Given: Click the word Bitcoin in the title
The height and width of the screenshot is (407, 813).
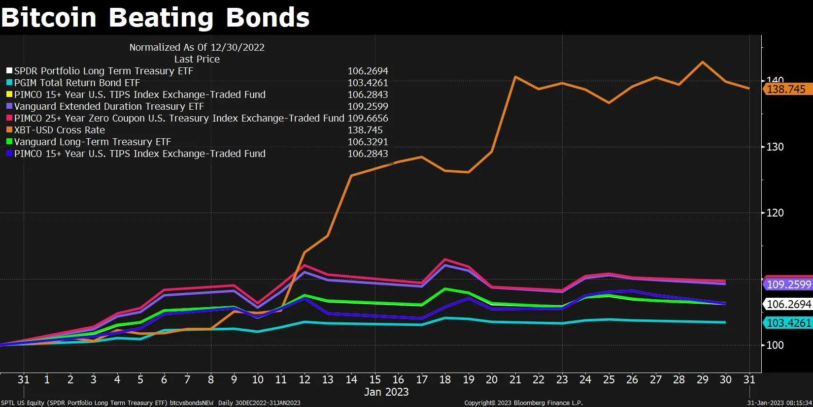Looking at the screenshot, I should click(49, 18).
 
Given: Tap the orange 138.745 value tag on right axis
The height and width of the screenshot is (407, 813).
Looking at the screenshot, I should click(786, 90).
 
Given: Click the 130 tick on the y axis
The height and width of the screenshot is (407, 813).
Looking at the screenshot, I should click(775, 147).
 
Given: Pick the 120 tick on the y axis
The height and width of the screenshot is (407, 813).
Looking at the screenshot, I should click(775, 213).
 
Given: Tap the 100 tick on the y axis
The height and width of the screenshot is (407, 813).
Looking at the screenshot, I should click(775, 345).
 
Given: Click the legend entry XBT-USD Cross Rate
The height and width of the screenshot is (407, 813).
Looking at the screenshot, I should click(59, 130).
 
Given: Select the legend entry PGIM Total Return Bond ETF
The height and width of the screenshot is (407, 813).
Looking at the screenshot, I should click(77, 83).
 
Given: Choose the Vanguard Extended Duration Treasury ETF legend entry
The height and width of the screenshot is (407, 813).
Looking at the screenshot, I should click(108, 106).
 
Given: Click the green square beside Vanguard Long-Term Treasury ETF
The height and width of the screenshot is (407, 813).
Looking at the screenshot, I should click(9, 142).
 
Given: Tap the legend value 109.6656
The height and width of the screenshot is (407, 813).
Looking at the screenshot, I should click(368, 118).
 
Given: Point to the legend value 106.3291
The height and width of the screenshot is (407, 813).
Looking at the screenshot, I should click(368, 142).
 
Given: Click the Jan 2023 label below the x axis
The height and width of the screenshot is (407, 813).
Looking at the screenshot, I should click(386, 392).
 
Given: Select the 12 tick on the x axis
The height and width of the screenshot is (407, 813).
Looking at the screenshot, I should click(305, 379).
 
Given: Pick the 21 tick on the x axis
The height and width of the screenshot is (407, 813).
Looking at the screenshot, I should click(515, 379).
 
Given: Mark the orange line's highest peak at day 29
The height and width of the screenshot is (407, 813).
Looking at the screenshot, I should click(702, 62).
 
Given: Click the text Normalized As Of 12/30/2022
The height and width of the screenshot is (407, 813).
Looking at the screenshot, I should click(197, 47).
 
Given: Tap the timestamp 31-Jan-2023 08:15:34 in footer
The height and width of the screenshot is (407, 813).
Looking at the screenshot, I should click(779, 403).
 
